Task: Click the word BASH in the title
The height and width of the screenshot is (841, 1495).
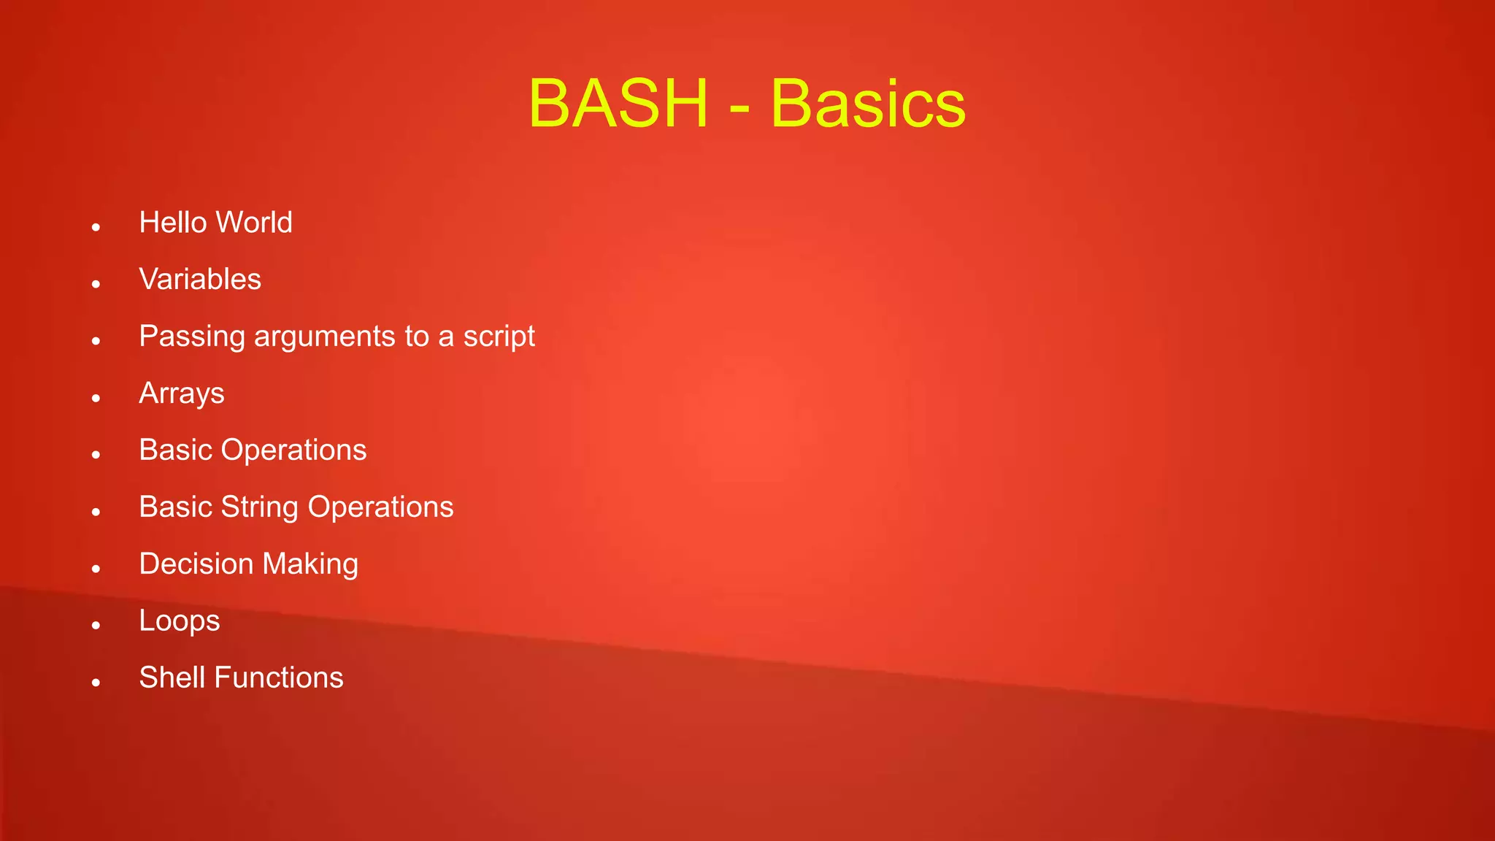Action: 618,104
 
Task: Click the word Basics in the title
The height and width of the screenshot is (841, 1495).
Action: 868,104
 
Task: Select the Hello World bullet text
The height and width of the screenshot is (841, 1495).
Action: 215,223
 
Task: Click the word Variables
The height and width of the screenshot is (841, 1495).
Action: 200,280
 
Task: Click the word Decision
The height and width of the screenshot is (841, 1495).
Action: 196,564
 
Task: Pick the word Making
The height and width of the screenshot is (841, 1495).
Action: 310,564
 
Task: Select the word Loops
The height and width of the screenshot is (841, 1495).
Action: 180,621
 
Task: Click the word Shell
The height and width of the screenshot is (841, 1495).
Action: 172,677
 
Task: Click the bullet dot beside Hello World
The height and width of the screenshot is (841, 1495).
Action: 96,228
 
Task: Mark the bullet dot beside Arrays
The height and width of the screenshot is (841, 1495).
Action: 96,399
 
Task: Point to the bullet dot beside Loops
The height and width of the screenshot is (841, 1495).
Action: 96,626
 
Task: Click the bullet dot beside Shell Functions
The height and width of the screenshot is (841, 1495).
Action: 96,683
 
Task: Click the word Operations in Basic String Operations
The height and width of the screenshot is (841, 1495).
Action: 380,507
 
